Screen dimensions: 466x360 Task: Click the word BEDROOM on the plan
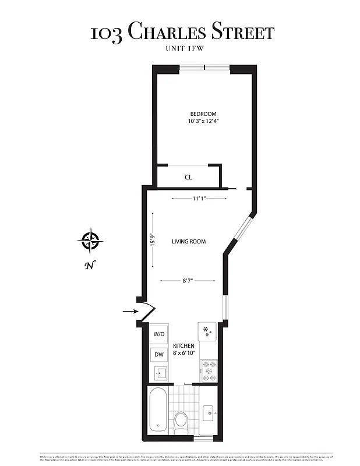coord(203,114)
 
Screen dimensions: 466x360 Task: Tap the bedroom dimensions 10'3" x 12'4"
coord(203,121)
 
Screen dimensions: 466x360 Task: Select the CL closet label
coord(188,177)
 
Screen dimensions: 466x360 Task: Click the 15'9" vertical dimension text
coord(152,240)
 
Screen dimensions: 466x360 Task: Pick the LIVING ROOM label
coord(188,241)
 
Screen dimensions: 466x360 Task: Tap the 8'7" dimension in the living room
coord(188,281)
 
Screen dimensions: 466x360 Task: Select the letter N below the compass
coord(89,266)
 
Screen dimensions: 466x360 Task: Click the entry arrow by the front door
coord(130,312)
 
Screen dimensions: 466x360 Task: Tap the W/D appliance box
coord(159,334)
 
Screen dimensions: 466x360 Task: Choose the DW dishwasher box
coord(158,354)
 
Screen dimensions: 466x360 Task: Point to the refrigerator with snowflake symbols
coord(207,331)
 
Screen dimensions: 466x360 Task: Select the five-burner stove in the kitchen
coord(209,367)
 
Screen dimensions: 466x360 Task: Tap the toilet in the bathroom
coord(181,420)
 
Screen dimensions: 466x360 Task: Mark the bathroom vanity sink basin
coord(209,414)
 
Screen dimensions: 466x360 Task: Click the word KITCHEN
coord(183,346)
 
